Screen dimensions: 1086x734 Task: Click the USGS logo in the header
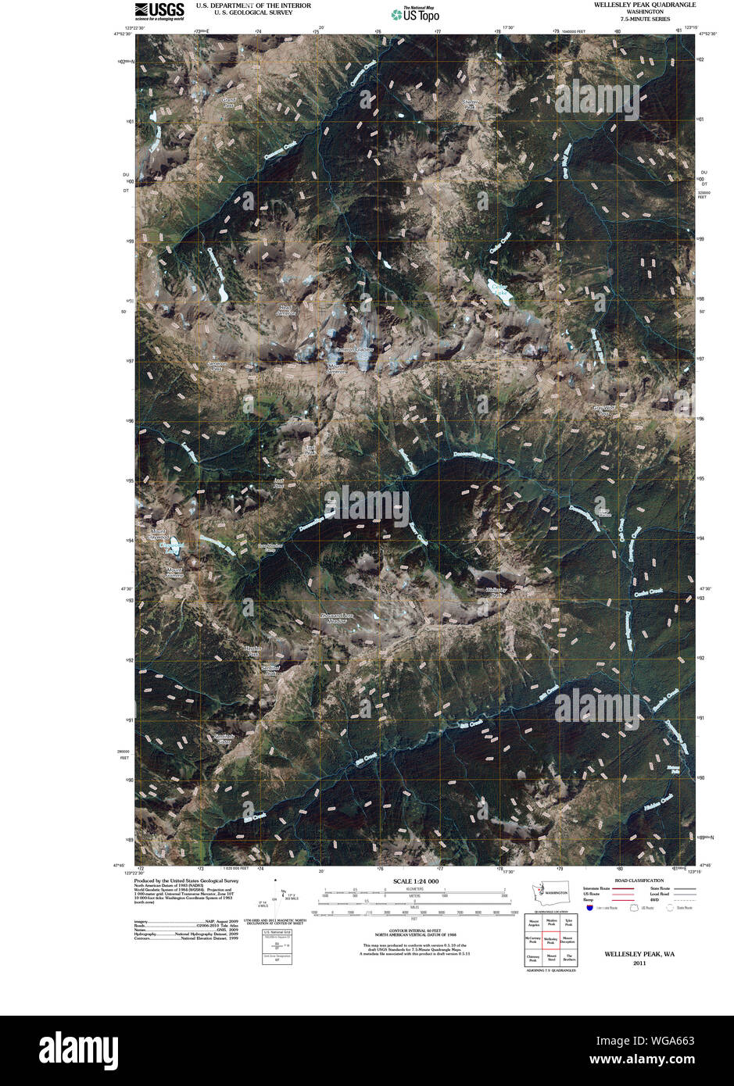tap(159, 10)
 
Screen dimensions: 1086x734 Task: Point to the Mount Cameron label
tap(337, 370)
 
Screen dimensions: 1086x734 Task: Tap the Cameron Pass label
tap(217, 366)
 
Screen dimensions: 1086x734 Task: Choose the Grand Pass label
tap(228, 102)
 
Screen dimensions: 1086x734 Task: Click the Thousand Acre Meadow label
tap(344, 618)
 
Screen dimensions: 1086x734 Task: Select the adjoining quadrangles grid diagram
tap(550, 941)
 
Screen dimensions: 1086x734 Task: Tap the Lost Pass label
tap(278, 484)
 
